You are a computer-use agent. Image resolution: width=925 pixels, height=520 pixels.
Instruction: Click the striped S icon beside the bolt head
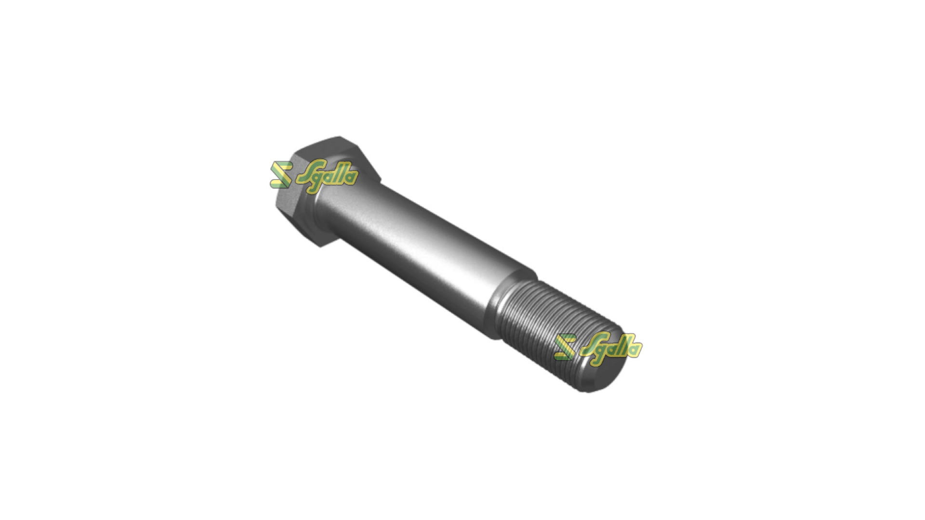(281, 175)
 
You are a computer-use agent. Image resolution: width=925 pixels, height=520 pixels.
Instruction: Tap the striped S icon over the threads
(564, 347)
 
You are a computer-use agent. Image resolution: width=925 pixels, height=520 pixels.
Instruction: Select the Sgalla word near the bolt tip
(611, 347)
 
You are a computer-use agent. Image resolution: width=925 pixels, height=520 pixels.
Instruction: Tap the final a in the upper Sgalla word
(351, 177)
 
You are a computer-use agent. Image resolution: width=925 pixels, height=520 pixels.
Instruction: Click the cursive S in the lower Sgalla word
(589, 346)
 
